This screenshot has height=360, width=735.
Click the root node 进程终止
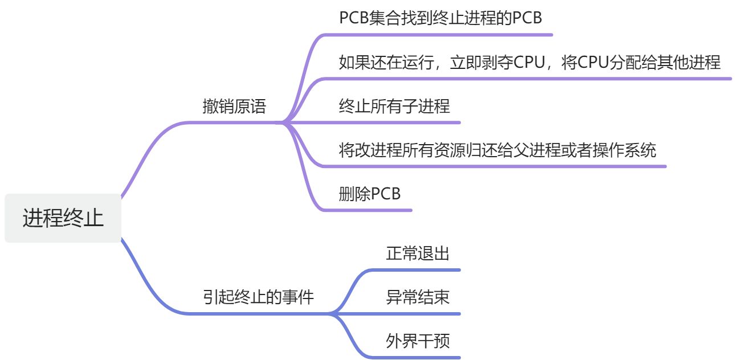[x=63, y=218]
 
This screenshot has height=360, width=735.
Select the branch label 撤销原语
[x=234, y=107]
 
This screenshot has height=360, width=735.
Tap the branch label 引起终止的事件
[x=258, y=297]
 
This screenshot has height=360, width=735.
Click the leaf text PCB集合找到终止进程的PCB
[x=440, y=18]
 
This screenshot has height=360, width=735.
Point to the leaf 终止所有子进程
[x=394, y=106]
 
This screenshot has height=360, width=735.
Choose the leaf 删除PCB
[x=369, y=194]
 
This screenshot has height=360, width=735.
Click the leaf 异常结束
[x=418, y=297]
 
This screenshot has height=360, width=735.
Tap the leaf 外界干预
[x=418, y=341]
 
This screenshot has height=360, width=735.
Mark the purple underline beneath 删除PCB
[x=370, y=210]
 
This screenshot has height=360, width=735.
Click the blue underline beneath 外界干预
[x=422, y=358]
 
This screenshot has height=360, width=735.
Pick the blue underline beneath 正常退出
[x=422, y=269]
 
